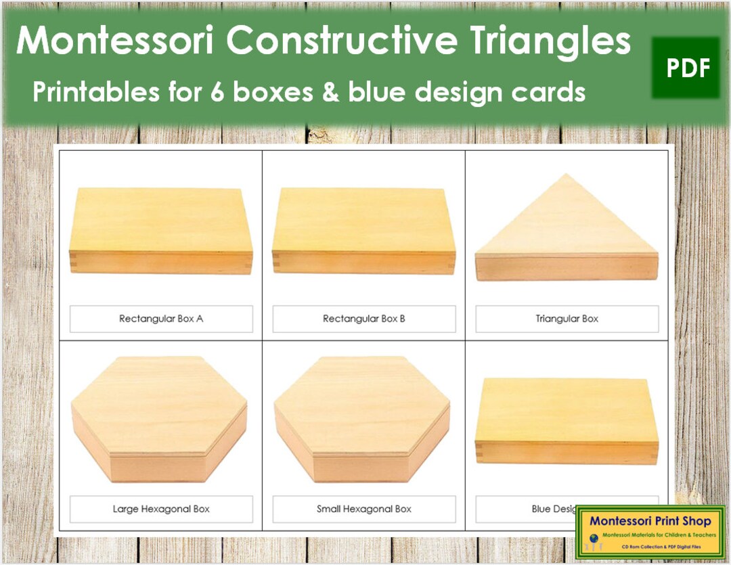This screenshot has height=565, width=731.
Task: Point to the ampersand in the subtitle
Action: (330, 92)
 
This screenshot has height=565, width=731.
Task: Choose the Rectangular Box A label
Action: (161, 319)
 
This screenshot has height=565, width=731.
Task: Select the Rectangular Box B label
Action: (364, 319)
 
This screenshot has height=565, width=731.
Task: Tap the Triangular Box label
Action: (567, 319)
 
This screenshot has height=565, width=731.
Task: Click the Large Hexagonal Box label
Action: (161, 509)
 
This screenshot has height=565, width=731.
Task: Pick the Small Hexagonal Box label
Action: (364, 509)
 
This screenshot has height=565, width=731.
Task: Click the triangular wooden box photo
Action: (567, 233)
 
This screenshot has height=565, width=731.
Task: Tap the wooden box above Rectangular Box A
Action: (161, 231)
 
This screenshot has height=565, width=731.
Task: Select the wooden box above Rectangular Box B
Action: (364, 231)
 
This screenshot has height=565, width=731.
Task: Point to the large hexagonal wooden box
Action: (159, 420)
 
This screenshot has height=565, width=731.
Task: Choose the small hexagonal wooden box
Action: (362, 420)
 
